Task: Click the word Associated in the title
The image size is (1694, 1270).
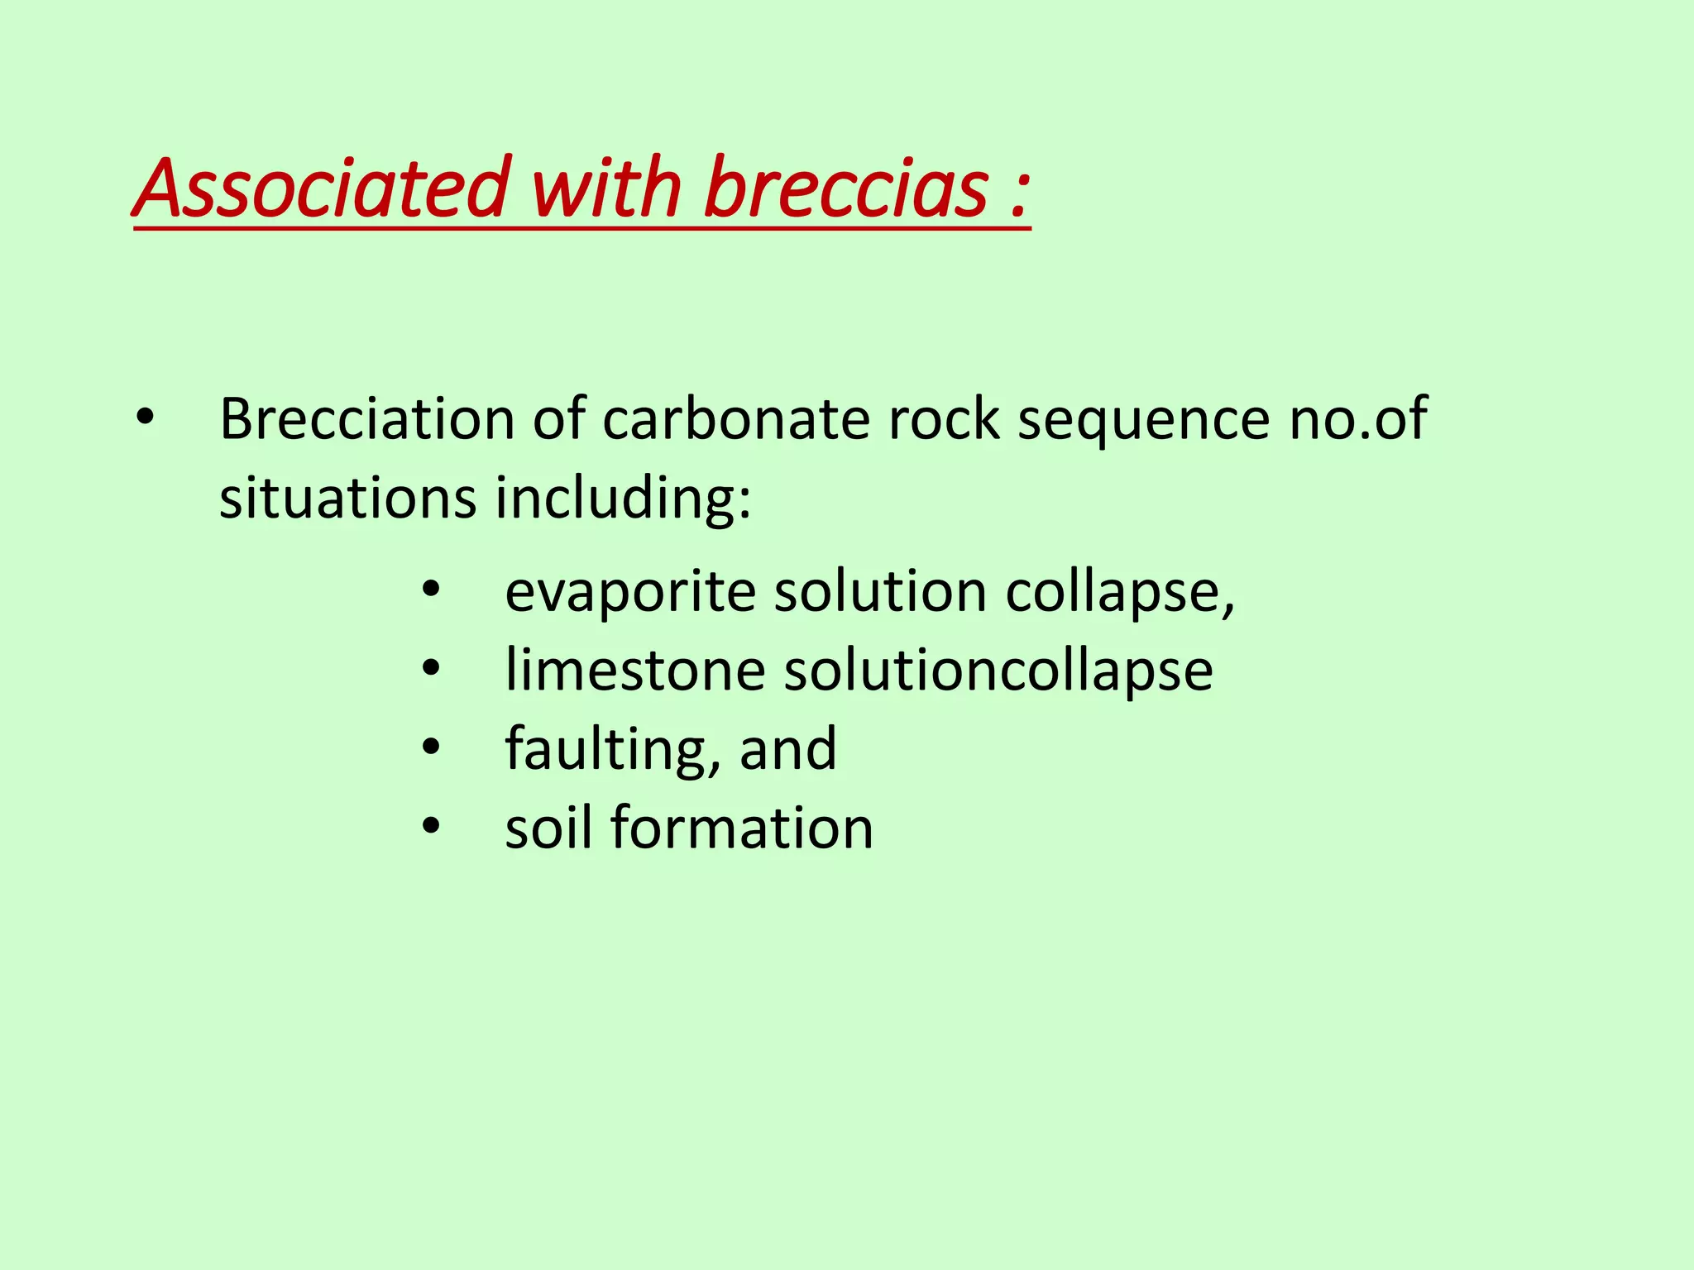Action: tap(323, 189)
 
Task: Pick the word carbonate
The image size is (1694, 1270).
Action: tap(735, 419)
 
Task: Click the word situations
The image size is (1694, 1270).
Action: tap(348, 499)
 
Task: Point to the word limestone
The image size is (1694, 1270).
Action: tap(635, 670)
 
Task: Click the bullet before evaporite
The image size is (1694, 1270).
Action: tap(431, 592)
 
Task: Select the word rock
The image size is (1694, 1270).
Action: tap(943, 419)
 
